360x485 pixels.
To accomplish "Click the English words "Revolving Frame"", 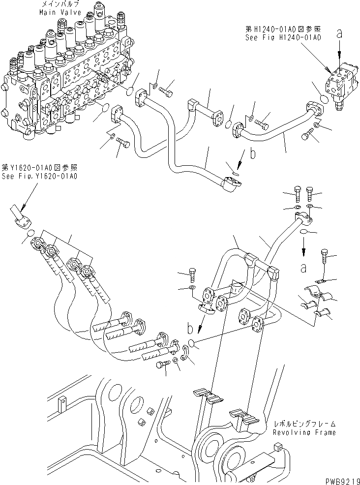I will pyautogui.click(x=305, y=432).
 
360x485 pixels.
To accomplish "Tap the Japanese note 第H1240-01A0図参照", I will pyautogui.click(x=284, y=29).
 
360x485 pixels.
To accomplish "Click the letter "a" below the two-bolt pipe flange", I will pyautogui.click(x=303, y=268).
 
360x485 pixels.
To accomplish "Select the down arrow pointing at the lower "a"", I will pyautogui.click(x=303, y=247).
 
